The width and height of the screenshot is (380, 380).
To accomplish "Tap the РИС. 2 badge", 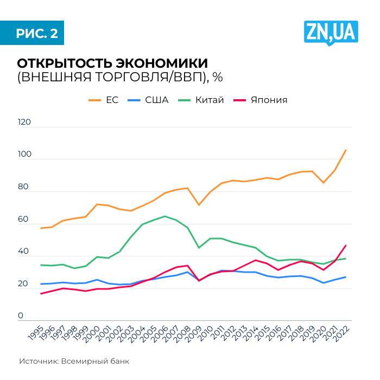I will (x=36, y=33).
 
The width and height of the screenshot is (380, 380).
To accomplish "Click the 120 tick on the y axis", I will (x=24, y=123).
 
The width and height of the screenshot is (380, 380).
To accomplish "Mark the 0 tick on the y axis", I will (x=21, y=316).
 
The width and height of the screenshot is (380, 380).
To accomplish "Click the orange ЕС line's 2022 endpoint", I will (x=346, y=150).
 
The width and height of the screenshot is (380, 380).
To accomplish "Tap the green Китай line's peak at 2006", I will (x=165, y=216).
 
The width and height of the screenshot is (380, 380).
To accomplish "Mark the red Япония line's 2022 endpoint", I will (x=346, y=246).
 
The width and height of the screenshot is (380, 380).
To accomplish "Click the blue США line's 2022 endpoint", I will (x=346, y=277).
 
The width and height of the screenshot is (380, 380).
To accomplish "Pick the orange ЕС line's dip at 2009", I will (x=199, y=205).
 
